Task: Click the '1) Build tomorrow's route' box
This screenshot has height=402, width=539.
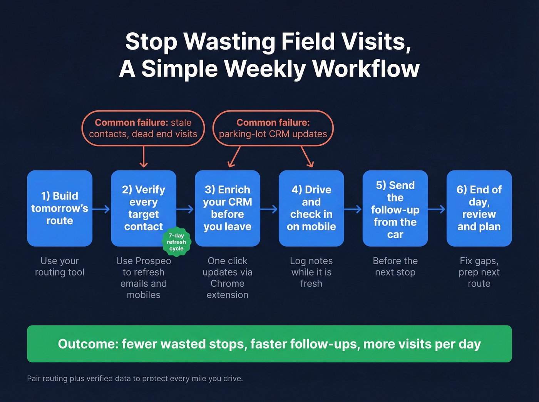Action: tap(60, 208)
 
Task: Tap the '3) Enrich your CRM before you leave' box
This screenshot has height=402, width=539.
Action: tap(227, 208)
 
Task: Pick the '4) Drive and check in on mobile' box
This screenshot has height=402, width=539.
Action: tap(311, 208)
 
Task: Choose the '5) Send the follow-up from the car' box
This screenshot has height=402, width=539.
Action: tap(395, 208)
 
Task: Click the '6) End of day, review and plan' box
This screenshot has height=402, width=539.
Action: tap(479, 208)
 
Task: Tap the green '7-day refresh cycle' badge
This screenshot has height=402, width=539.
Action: tap(176, 242)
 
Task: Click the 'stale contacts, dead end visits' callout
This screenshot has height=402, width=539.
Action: tap(143, 128)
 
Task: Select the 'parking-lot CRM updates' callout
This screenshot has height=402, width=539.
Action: tap(273, 128)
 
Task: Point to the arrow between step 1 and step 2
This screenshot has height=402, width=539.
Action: tap(101, 209)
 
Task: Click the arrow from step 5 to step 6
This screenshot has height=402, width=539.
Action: tap(437, 209)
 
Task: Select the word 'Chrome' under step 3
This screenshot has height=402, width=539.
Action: tap(227, 284)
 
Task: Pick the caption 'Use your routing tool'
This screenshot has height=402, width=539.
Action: tap(60, 267)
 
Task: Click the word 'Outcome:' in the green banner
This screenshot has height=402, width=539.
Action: tap(88, 344)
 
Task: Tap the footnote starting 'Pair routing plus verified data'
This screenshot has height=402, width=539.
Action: tap(135, 379)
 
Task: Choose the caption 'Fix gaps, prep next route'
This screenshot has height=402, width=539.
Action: tap(479, 272)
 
